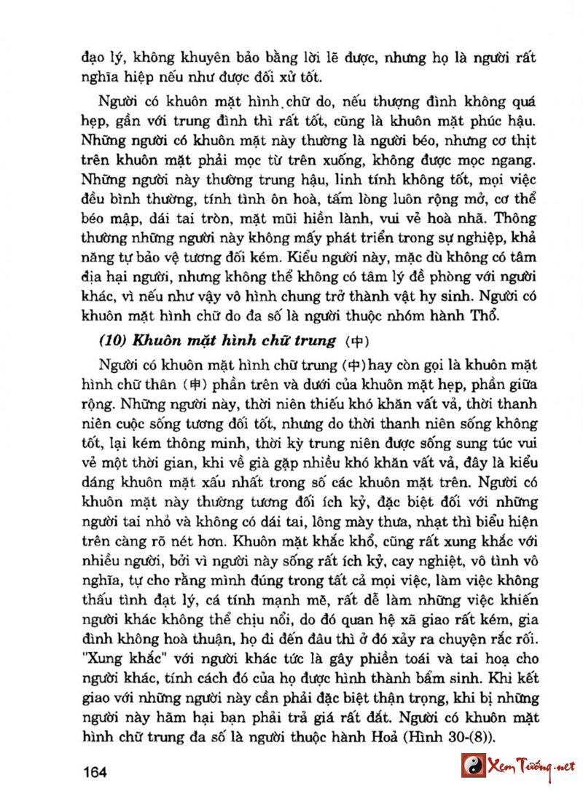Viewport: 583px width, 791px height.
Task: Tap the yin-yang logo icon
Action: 474,767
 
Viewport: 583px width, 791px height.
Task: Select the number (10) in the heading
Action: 111,341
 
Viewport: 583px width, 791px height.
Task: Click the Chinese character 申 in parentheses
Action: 196,385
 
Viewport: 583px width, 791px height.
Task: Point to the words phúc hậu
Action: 506,118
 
